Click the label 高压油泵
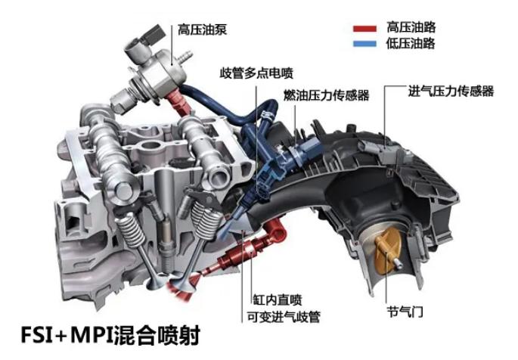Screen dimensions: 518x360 (202, 29)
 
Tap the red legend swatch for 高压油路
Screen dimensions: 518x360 (364, 29)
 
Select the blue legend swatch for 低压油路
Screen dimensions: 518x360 (364, 44)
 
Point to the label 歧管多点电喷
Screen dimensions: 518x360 (256, 73)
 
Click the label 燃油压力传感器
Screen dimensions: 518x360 (326, 95)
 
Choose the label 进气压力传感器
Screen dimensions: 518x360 (451, 91)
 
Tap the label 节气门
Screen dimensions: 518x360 (405, 312)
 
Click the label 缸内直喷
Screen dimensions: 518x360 (278, 300)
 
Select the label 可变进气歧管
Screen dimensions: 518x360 (284, 317)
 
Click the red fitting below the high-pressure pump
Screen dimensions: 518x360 (179, 102)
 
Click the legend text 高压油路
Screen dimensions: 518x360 (411, 27)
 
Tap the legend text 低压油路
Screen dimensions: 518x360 (411, 43)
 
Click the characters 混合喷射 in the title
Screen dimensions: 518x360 (157, 335)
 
